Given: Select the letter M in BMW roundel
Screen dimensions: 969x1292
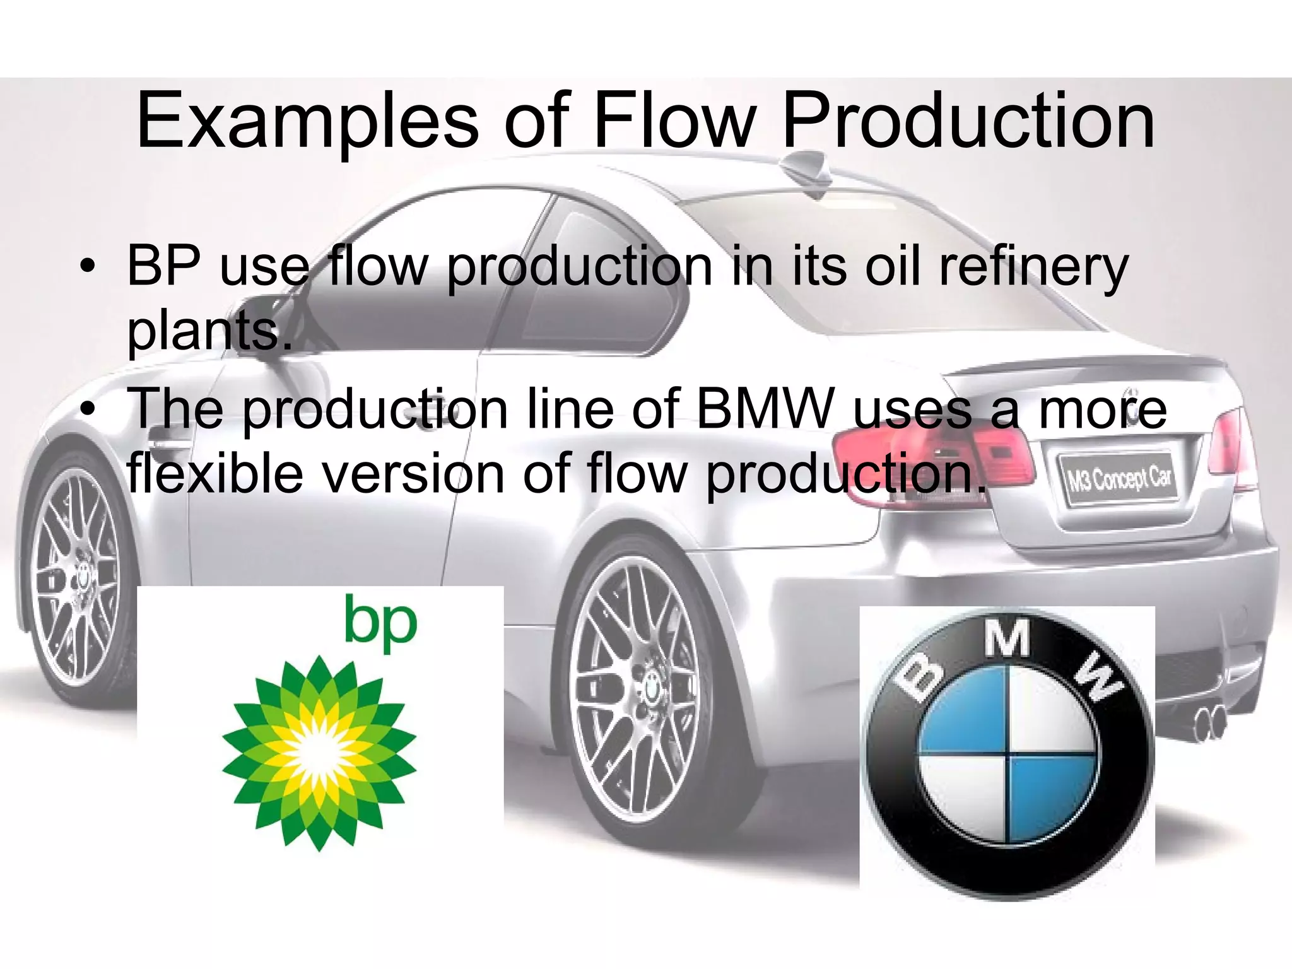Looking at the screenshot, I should [x=1008, y=639].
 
